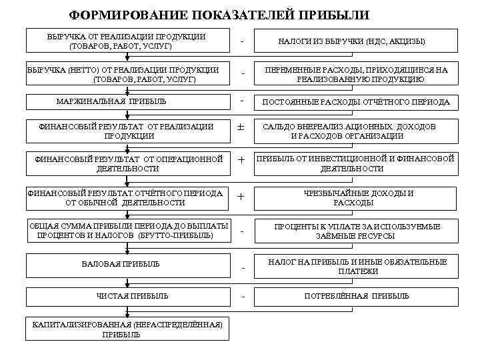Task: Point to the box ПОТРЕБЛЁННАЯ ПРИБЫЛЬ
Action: click(x=357, y=295)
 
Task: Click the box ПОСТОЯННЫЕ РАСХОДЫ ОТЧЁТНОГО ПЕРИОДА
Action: click(x=356, y=102)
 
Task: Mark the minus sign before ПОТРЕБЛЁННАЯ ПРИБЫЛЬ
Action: click(x=243, y=297)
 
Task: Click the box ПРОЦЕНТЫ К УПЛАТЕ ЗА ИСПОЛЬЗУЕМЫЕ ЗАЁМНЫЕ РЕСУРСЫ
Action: click(x=357, y=231)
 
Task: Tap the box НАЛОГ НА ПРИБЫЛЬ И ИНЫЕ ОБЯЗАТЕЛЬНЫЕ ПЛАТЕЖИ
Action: click(x=357, y=265)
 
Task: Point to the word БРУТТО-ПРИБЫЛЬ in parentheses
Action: click(x=175, y=235)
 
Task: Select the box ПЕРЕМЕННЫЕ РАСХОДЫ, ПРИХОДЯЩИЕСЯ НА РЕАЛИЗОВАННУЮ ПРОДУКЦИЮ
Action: click(x=356, y=74)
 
